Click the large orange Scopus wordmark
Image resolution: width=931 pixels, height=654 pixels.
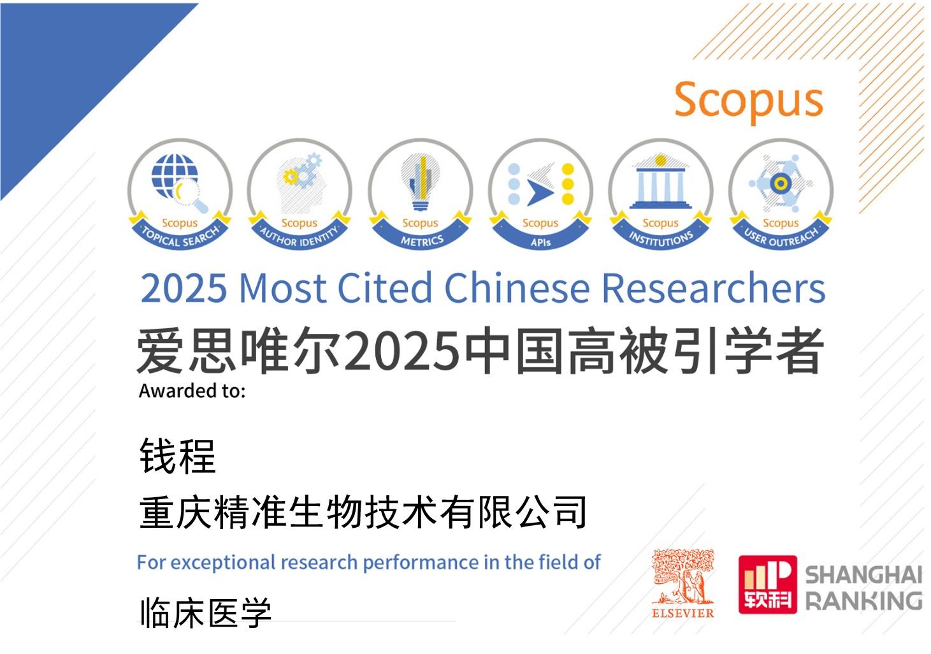point(749,101)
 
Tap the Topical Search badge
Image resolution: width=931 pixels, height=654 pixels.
point(180,194)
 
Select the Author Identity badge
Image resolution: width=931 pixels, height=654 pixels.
point(300,194)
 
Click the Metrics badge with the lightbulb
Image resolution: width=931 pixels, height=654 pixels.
point(420,194)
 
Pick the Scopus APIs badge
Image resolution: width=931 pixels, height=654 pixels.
point(540,194)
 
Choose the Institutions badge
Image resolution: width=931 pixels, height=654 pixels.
point(660,194)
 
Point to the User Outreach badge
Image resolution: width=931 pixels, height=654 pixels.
point(781,194)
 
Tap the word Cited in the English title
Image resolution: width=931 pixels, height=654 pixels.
point(385,287)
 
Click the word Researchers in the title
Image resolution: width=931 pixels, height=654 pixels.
point(714,287)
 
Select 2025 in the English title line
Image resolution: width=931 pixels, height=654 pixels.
point(184,287)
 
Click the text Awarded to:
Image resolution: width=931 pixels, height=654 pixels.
point(192,391)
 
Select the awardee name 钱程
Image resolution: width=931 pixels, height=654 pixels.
point(178,456)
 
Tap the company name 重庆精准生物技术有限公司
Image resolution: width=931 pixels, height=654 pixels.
point(363,512)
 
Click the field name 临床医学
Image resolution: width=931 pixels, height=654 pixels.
point(206,613)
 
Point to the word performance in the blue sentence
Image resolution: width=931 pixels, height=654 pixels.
point(421,563)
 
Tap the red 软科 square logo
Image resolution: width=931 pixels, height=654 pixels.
point(768,584)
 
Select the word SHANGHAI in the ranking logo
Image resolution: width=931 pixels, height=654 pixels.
point(863,575)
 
